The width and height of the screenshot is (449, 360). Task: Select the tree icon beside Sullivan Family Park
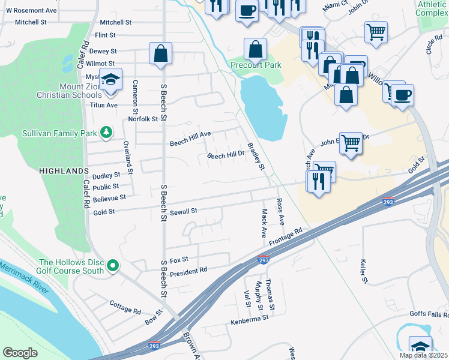click(x=106, y=132)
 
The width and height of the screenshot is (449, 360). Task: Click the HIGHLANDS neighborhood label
click(x=64, y=171)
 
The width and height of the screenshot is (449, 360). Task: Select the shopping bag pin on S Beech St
click(x=161, y=53)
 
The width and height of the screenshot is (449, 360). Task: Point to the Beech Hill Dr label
click(x=225, y=155)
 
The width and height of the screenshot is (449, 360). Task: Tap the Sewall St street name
click(x=183, y=211)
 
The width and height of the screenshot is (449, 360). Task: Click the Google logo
click(x=20, y=352)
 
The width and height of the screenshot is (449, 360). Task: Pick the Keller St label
click(x=363, y=271)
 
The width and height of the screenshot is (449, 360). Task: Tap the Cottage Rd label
click(x=125, y=307)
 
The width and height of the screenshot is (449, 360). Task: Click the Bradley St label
click(x=256, y=155)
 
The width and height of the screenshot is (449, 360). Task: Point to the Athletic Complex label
click(x=432, y=8)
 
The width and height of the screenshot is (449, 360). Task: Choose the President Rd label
click(x=188, y=271)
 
